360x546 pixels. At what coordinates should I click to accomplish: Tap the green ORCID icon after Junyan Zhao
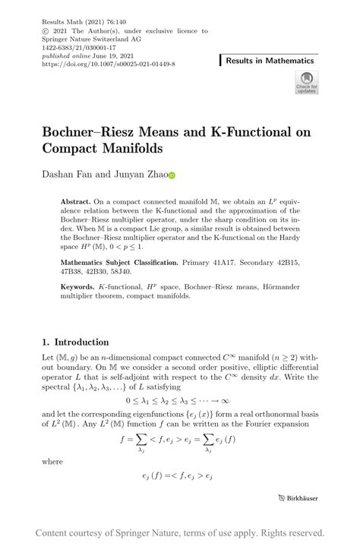172,175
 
